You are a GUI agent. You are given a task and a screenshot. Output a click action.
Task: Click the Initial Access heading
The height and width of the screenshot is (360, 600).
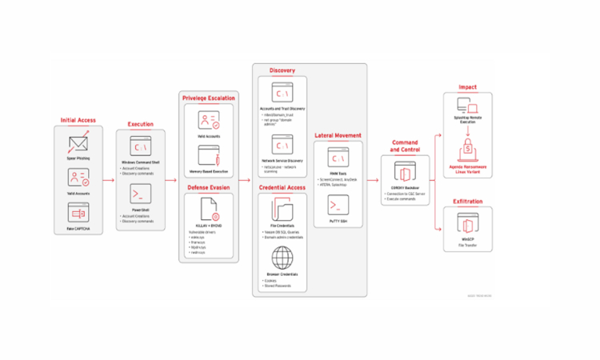(78, 120)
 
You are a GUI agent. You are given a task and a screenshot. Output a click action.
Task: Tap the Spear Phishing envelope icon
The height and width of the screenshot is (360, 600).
(78, 144)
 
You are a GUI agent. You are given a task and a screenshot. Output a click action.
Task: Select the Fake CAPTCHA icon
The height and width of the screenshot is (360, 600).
(78, 214)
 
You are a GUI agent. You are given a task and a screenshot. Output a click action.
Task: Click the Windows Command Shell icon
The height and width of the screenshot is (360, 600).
(141, 147)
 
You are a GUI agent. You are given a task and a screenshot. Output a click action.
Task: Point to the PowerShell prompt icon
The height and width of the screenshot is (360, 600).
(141, 194)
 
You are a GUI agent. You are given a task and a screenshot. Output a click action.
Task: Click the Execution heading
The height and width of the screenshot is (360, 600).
(141, 125)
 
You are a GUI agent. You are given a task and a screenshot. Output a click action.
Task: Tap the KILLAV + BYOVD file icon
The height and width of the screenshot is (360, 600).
(209, 210)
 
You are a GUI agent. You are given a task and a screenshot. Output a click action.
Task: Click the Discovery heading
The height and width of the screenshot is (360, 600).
(282, 70)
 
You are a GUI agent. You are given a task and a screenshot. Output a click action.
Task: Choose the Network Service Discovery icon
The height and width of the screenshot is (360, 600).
(282, 145)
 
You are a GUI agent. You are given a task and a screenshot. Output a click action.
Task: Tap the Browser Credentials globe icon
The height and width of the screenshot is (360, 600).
(282, 258)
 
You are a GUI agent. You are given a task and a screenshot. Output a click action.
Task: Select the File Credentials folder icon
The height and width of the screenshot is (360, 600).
(282, 210)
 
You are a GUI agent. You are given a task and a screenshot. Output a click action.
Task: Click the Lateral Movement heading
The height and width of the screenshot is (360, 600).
(338, 136)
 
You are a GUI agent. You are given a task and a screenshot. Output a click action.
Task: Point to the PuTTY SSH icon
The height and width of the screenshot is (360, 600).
(338, 205)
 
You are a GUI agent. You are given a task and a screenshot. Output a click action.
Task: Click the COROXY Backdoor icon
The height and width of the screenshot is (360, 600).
(405, 173)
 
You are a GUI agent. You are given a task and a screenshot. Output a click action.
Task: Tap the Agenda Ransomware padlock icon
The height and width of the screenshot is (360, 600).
(467, 150)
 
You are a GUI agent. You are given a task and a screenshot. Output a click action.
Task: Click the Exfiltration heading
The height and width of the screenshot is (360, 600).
(467, 201)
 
